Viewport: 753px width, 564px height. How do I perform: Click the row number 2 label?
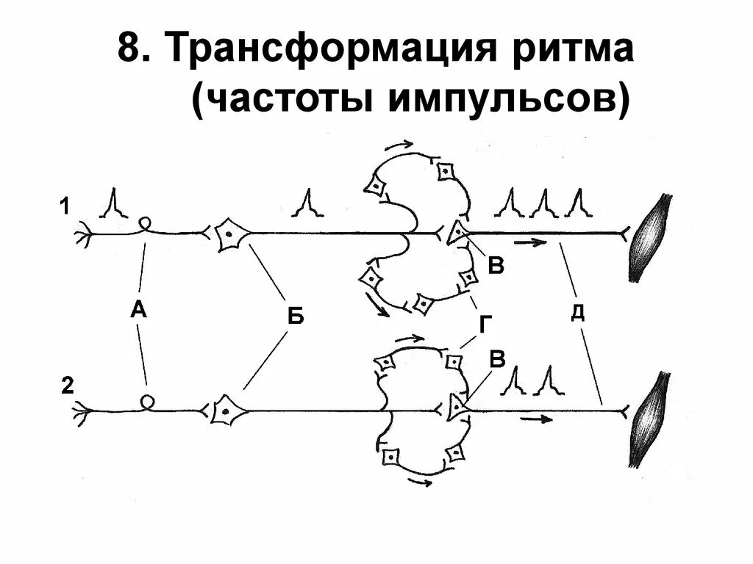click(x=67, y=386)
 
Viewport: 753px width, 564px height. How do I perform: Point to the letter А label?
click(x=138, y=311)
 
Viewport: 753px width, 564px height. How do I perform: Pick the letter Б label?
click(x=295, y=317)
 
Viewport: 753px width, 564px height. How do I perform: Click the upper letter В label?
click(x=497, y=266)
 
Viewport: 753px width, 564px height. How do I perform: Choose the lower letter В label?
click(x=497, y=360)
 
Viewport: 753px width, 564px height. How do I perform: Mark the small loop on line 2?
click(x=148, y=401)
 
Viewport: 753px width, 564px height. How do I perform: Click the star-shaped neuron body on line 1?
click(x=229, y=235)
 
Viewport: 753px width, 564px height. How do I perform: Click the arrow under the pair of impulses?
click(x=536, y=419)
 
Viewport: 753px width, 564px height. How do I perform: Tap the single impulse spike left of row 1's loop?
click(x=114, y=203)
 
